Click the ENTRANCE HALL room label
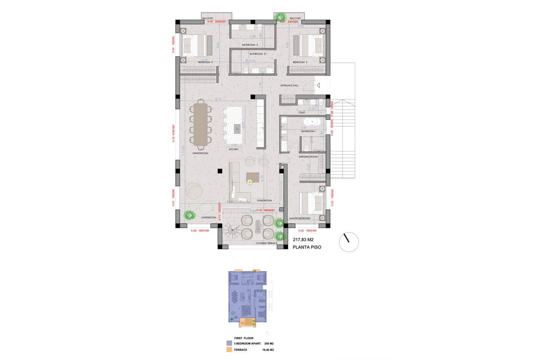point(289,86)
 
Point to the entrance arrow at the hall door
point(318,85)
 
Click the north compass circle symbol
point(349,242)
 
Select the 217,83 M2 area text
point(303,240)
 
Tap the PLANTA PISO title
point(307,247)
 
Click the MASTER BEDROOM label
point(299,219)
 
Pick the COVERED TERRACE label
point(266,243)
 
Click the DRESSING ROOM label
point(308,156)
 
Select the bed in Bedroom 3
point(193,45)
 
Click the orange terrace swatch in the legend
point(229,349)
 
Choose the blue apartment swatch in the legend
point(229,343)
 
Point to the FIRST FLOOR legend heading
point(244,337)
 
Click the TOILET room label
point(301,113)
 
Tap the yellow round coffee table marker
point(250,182)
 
